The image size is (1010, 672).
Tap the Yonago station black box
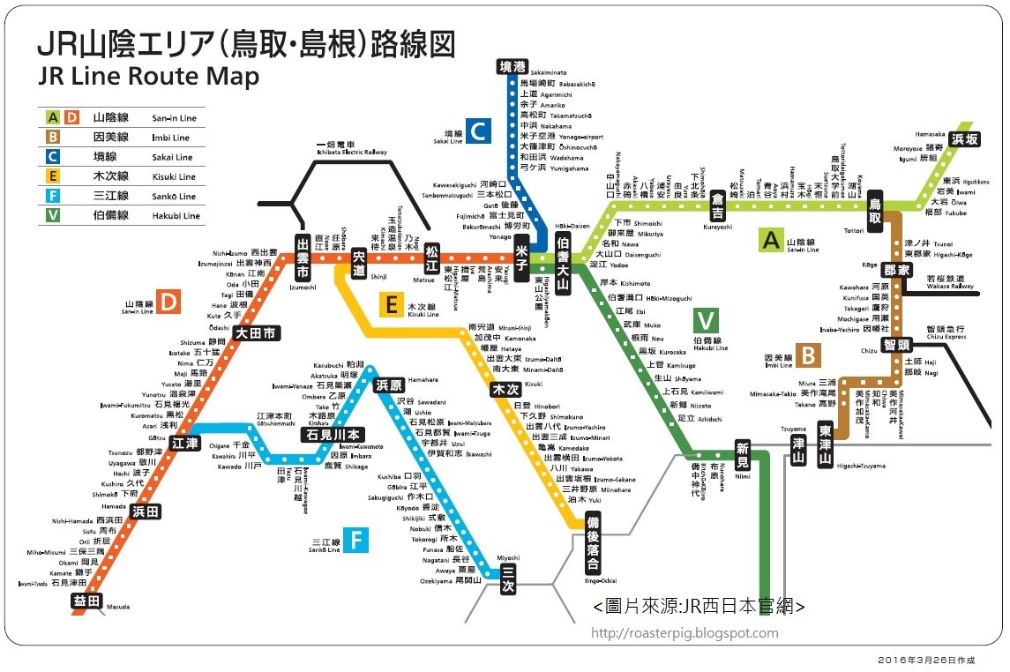(x=522, y=252)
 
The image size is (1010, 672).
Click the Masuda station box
(x=86, y=601)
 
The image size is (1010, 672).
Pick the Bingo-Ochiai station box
(x=593, y=544)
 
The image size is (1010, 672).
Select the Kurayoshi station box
(x=718, y=205)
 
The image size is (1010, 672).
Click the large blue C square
(x=477, y=131)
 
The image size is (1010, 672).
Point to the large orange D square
(x=167, y=302)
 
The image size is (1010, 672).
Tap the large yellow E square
(x=389, y=305)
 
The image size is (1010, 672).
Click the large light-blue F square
(x=355, y=540)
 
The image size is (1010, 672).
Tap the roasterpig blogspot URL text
(x=689, y=633)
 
